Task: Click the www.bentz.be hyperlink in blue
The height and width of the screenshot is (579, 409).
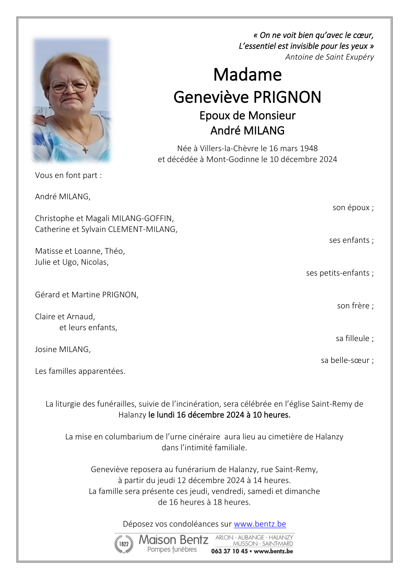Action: pyautogui.click(x=260, y=524)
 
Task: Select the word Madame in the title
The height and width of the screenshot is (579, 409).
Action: pyautogui.click(x=247, y=75)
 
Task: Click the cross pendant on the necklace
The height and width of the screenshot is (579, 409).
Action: pyautogui.click(x=85, y=150)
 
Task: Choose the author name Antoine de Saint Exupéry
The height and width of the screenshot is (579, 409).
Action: pyautogui.click(x=329, y=57)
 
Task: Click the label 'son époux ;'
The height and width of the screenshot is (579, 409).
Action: pyautogui.click(x=353, y=207)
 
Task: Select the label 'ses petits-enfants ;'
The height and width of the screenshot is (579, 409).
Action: pyautogui.click(x=340, y=273)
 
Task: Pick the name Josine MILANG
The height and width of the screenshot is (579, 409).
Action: pyautogui.click(x=63, y=349)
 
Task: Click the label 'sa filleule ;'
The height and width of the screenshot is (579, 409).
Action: pyautogui.click(x=354, y=338)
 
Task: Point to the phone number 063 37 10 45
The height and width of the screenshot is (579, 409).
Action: pyautogui.click(x=229, y=551)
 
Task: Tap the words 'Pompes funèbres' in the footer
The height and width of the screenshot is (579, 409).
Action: pyautogui.click(x=172, y=550)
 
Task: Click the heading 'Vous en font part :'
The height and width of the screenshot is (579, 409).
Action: pyautogui.click(x=68, y=175)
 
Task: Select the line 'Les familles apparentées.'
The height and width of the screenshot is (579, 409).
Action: pyautogui.click(x=80, y=371)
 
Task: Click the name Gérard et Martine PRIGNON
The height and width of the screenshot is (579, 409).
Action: pyautogui.click(x=87, y=295)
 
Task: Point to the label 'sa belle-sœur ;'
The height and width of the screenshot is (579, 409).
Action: pyautogui.click(x=347, y=360)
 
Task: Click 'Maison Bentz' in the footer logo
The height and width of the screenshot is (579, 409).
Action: pyautogui.click(x=173, y=540)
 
